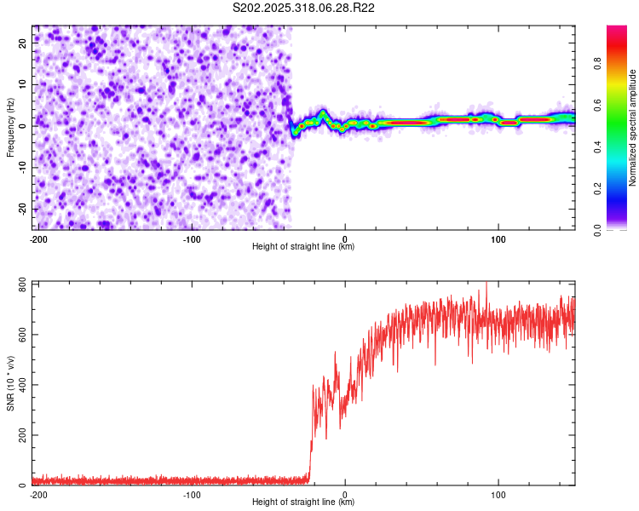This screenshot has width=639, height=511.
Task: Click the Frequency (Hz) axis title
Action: coord(10,127)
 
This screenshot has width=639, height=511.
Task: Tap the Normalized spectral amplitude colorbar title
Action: coord(633,128)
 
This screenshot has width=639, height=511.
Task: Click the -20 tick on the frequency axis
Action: coord(23,209)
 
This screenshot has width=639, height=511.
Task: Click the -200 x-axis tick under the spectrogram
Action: coord(38,238)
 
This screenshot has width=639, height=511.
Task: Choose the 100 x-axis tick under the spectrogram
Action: coord(498,238)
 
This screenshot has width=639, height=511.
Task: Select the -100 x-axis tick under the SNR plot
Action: coord(192,494)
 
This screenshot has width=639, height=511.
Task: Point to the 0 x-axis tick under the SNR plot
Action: coord(345,494)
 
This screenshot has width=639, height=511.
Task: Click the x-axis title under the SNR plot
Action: coord(303,502)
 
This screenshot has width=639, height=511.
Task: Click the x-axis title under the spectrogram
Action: coord(303,247)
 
